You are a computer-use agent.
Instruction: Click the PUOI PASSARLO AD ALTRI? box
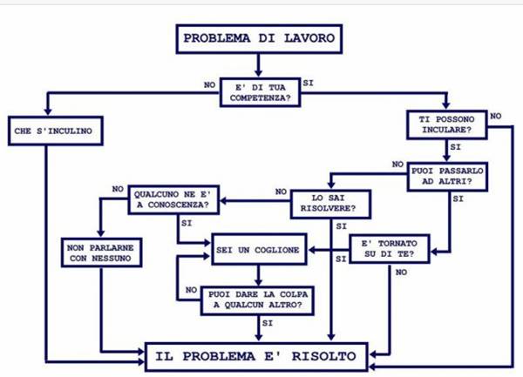(x=446, y=178)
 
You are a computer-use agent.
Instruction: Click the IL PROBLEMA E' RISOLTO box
(x=256, y=356)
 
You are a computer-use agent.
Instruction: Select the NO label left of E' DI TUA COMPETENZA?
(x=209, y=85)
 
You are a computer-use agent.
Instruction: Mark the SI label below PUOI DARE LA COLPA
(x=267, y=323)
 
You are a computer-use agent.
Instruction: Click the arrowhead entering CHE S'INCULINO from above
(x=46, y=111)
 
